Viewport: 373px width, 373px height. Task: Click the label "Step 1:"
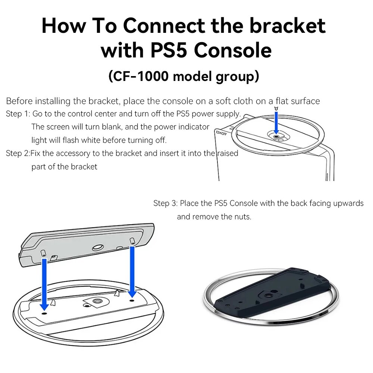[18, 114]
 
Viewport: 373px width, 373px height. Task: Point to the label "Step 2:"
[18, 153]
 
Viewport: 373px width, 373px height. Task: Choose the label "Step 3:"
[165, 203]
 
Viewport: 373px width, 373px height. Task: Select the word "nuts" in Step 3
[242, 217]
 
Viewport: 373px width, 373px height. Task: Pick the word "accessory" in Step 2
[86, 153]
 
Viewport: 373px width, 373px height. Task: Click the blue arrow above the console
[276, 122]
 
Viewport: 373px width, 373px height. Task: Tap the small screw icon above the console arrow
[276, 109]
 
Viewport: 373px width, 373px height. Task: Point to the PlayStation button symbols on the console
[221, 131]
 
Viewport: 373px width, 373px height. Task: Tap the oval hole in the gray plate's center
[98, 247]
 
